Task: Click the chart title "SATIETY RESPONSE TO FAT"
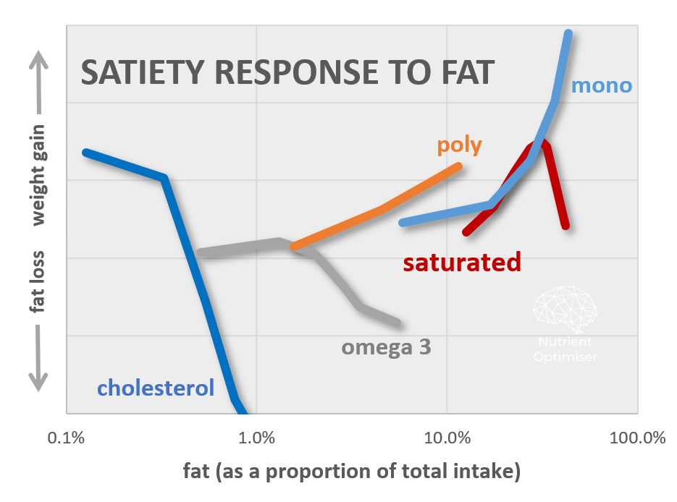[x=287, y=73]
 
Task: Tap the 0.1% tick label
[x=66, y=438]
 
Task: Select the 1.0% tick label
[x=256, y=438]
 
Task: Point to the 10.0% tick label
[x=447, y=438]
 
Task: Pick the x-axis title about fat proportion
[x=351, y=472]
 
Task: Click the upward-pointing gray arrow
[x=38, y=80]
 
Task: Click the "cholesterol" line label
[x=156, y=388]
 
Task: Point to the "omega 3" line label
[x=386, y=347]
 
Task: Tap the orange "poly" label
[x=459, y=145]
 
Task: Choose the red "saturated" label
[x=462, y=262]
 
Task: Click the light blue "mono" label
[x=601, y=86]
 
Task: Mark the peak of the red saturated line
[x=539, y=144]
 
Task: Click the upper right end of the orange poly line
[x=458, y=166]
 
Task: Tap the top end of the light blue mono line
[x=568, y=33]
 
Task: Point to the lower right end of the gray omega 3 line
[x=398, y=323]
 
